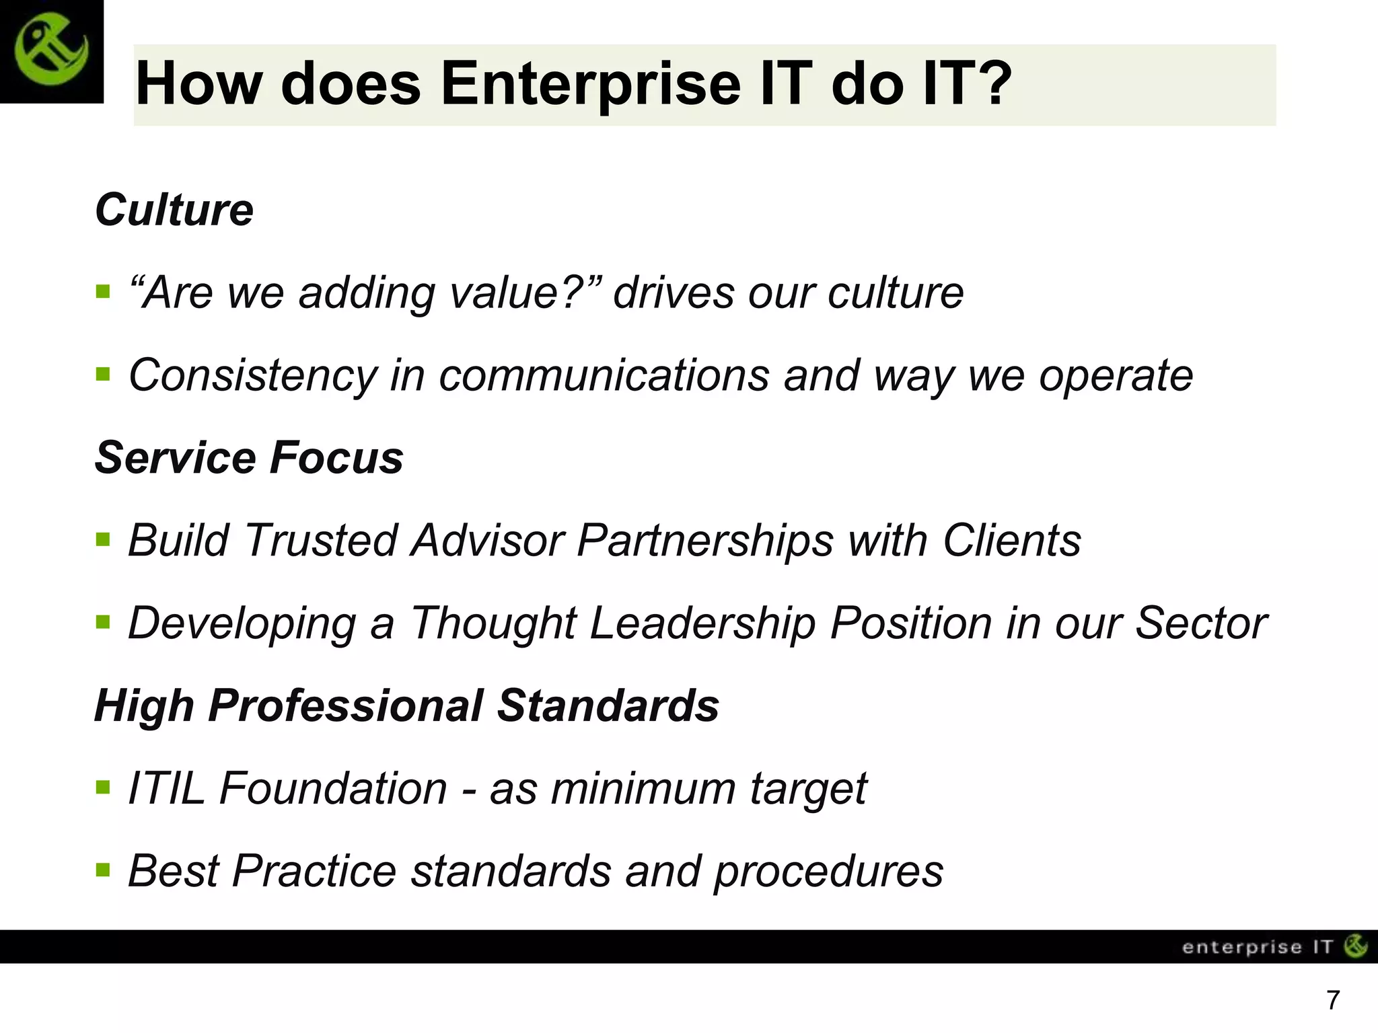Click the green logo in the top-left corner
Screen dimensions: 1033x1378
pyautogui.click(x=51, y=51)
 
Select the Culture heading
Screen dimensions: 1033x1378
pyautogui.click(x=174, y=211)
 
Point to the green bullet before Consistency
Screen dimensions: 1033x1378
pyautogui.click(x=103, y=374)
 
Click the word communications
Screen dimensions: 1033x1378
pyautogui.click(x=604, y=375)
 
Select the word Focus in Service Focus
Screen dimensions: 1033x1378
pyautogui.click(x=336, y=458)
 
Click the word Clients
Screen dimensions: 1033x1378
pyautogui.click(x=1011, y=541)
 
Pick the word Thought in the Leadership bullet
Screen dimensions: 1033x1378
pyautogui.click(x=493, y=623)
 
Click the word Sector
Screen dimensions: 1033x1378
pyautogui.click(x=1201, y=623)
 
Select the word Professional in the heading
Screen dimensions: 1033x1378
pyautogui.click(x=345, y=706)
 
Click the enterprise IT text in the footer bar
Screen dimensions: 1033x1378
pyautogui.click(x=1257, y=947)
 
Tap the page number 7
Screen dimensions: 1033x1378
pyautogui.click(x=1333, y=1001)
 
